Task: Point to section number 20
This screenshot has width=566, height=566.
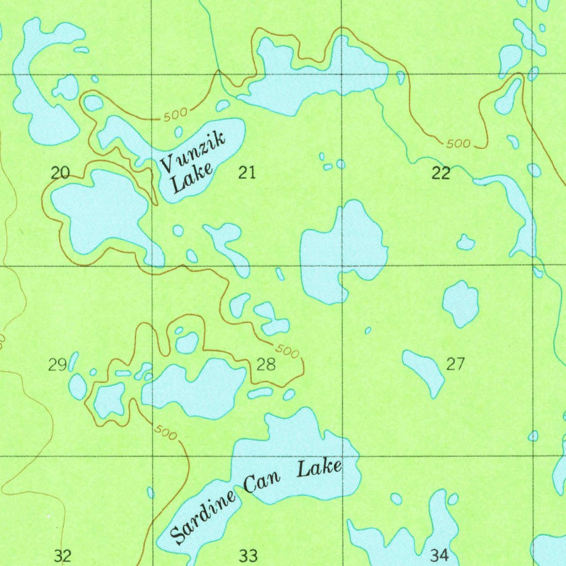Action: pos(60,173)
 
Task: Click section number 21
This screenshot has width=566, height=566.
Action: pos(247,173)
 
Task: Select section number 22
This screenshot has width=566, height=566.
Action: pos(441,174)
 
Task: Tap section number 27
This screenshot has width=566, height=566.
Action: pos(455,364)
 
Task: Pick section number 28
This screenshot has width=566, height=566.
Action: pos(266,364)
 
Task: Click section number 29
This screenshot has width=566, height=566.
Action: pos(57,364)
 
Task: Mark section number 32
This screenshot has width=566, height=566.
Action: pos(63,555)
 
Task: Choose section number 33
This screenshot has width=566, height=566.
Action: pos(248,555)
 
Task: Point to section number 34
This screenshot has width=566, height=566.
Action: pos(439,555)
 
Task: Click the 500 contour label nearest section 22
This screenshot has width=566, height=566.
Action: pos(458,144)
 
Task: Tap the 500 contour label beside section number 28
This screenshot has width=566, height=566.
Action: pos(286,351)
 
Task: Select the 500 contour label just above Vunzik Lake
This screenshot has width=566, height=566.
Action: pos(176,115)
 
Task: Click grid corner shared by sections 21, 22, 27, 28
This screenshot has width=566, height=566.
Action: pos(343,266)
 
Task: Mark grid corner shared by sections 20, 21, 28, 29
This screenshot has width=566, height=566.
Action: pos(153,266)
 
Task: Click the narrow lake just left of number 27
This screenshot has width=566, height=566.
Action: pos(424,371)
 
